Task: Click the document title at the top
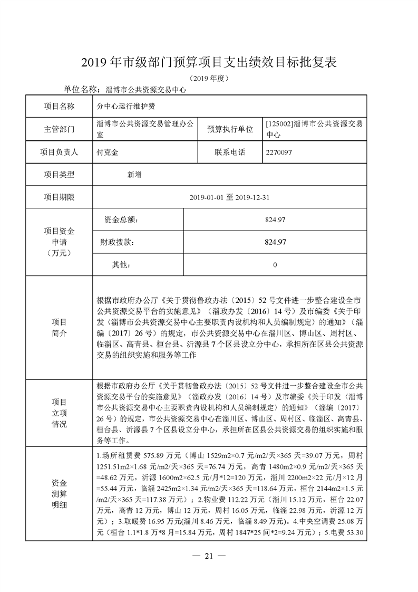click(x=208, y=63)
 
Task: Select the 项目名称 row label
click(x=59, y=106)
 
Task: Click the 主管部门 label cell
click(x=59, y=129)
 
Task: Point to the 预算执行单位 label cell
click(x=229, y=129)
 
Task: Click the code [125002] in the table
click(x=277, y=124)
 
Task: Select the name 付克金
click(x=108, y=152)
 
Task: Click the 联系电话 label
click(x=229, y=152)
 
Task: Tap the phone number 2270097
click(x=279, y=152)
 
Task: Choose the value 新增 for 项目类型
click(x=134, y=174)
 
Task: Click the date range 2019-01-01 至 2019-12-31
click(x=229, y=197)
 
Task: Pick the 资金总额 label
click(x=121, y=219)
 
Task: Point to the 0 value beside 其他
click(x=275, y=265)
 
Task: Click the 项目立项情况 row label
click(x=59, y=413)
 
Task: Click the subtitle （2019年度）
click(x=208, y=79)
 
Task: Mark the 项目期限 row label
click(x=59, y=197)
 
